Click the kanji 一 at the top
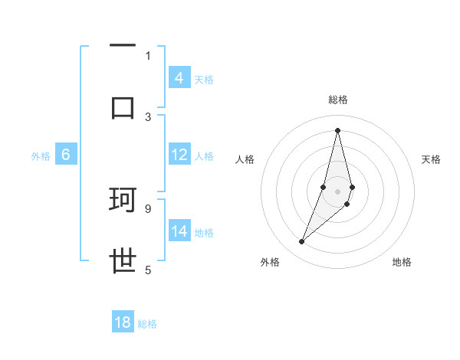[x=123, y=47]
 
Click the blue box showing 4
[x=179, y=77]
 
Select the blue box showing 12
[x=179, y=155]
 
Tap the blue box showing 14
[x=179, y=231]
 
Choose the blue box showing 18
[x=123, y=322]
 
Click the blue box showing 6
[x=66, y=155]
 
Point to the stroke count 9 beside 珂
[x=147, y=208]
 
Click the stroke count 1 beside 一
[x=148, y=55]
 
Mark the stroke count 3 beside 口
[x=148, y=116]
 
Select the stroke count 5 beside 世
[x=148, y=270]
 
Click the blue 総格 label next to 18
[x=147, y=324]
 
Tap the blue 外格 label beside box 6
[x=41, y=156]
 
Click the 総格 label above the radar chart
[x=338, y=100]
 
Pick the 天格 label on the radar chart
[x=432, y=159]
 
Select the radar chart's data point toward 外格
[x=301, y=242]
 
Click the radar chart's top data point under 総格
[x=337, y=129]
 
